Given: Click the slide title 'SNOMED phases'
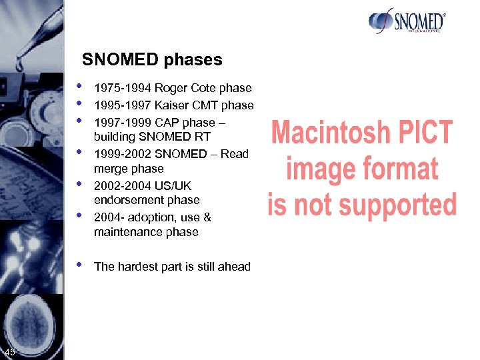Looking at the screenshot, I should click(152, 60).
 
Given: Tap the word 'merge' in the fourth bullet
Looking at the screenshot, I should click(111, 169).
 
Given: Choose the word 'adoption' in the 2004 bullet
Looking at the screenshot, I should click(154, 217).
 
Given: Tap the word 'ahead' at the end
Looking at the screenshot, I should click(235, 267).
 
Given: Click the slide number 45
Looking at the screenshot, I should click(10, 352).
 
